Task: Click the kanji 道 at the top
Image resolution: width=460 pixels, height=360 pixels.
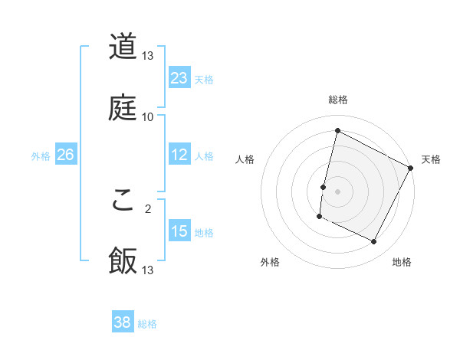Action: tap(123, 47)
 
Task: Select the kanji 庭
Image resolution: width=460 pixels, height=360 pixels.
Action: tap(123, 106)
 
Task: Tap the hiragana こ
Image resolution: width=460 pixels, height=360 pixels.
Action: tap(123, 201)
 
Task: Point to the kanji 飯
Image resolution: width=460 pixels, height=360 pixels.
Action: tap(123, 260)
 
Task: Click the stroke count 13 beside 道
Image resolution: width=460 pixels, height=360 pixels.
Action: tap(148, 57)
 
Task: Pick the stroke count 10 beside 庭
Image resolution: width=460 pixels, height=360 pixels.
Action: tap(148, 116)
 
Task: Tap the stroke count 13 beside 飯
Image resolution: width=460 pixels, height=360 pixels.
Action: tap(148, 270)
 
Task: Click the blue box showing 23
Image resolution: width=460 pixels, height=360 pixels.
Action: tap(179, 78)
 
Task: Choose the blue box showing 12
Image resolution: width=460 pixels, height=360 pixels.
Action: tap(179, 155)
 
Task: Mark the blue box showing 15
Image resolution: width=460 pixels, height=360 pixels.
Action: tap(179, 231)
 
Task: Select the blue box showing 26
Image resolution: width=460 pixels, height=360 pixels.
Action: tap(65, 155)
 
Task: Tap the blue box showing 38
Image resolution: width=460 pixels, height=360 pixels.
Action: tap(123, 322)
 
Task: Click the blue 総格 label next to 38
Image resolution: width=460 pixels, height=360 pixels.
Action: tap(147, 324)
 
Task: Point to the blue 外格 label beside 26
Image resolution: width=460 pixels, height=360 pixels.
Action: tap(41, 156)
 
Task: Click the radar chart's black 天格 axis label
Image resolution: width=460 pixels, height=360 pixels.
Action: tap(431, 160)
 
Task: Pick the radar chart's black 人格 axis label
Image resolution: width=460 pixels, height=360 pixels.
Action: tap(245, 160)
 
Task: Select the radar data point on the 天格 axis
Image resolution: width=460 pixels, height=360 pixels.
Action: tap(410, 167)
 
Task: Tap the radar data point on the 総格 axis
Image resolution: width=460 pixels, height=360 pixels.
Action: tap(337, 131)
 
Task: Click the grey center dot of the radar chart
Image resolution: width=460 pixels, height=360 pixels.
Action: tap(337, 190)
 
